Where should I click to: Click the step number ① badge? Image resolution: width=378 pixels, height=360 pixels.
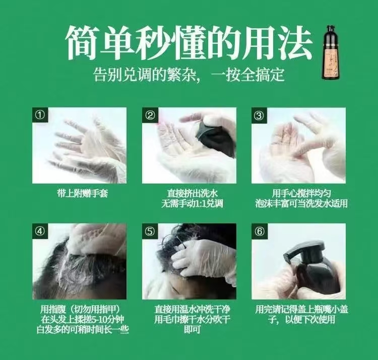(40, 115)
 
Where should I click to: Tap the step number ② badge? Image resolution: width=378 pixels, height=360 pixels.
(150, 115)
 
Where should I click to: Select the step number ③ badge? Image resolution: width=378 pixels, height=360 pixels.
(260, 115)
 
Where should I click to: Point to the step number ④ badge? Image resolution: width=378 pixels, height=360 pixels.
(40, 231)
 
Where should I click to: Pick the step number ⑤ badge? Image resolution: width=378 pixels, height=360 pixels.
(150, 231)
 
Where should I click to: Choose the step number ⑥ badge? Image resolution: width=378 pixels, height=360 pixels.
(260, 231)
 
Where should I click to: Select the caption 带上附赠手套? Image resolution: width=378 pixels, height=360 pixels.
(83, 193)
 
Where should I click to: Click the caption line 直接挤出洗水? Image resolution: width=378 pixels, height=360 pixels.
(193, 194)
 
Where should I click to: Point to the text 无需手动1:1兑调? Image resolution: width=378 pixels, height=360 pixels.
(193, 204)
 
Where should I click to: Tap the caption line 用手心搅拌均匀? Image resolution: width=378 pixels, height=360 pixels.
(301, 194)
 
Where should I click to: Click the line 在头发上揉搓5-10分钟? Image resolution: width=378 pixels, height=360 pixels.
(83, 319)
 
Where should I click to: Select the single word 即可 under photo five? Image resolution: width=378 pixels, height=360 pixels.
(192, 330)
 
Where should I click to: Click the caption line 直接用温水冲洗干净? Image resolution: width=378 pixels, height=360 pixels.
(192, 309)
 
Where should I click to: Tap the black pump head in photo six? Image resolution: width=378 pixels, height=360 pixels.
(304, 252)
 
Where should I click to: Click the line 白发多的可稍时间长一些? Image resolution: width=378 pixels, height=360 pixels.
(83, 330)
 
